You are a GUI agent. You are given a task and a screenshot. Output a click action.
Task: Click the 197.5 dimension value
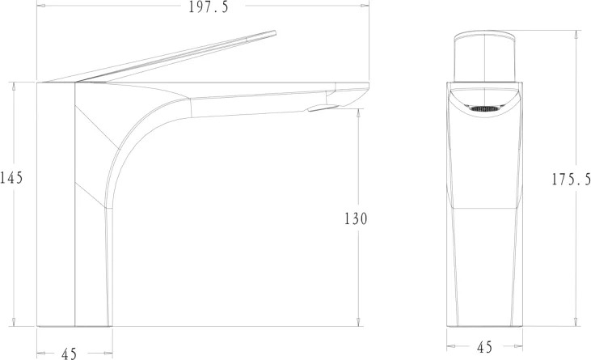[209, 6]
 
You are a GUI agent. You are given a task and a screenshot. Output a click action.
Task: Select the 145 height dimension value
[11, 177]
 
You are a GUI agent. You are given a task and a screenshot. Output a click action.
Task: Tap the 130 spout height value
[356, 218]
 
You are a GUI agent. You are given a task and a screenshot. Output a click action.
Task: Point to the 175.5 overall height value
[572, 180]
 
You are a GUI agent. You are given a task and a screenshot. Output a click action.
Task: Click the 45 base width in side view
[69, 354]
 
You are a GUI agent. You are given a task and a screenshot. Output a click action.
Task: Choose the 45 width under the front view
[485, 347]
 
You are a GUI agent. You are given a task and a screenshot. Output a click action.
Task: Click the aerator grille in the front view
[484, 109]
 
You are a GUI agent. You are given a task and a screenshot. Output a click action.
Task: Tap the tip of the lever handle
[275, 33]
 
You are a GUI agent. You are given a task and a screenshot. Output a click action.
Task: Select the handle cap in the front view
[484, 57]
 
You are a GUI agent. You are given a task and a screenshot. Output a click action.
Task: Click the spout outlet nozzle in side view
[323, 108]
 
